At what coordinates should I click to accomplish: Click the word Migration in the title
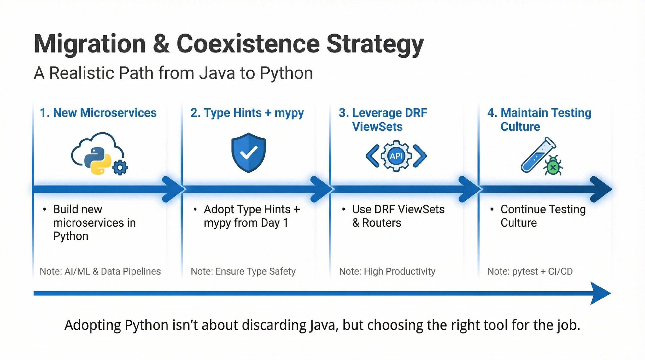pos(90,44)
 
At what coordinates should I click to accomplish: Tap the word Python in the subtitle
pos(286,73)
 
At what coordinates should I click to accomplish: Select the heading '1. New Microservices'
pos(98,113)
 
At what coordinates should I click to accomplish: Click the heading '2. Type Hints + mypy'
pos(247,113)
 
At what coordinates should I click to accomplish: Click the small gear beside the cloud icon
pos(120,168)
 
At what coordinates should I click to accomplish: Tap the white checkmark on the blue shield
pos(249,153)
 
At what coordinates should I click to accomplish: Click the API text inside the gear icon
pos(396,156)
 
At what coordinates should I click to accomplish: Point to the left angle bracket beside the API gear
pos(373,156)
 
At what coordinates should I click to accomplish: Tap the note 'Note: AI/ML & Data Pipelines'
pos(100,271)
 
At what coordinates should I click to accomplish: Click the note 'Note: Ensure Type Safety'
pos(243,271)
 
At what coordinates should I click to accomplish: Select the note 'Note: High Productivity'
pos(387,271)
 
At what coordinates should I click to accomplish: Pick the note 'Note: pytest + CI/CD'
pos(530,271)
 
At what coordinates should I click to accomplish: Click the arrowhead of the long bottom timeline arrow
pos(600,293)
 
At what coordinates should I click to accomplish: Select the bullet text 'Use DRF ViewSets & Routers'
pos(398,216)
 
